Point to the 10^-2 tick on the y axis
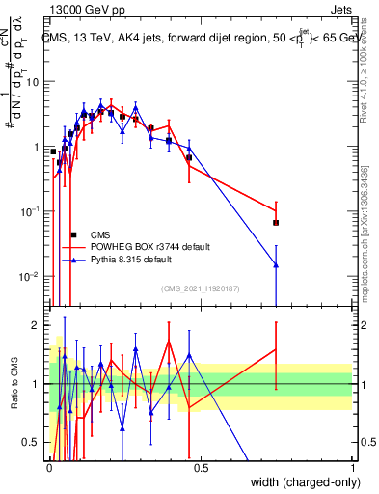[x=31, y=277]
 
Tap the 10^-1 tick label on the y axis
[x=31, y=211]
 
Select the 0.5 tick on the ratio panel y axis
[x=33, y=443]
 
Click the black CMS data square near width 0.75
[x=276, y=223]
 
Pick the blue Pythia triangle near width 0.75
[x=276, y=264]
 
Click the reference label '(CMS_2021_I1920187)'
[x=200, y=288]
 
